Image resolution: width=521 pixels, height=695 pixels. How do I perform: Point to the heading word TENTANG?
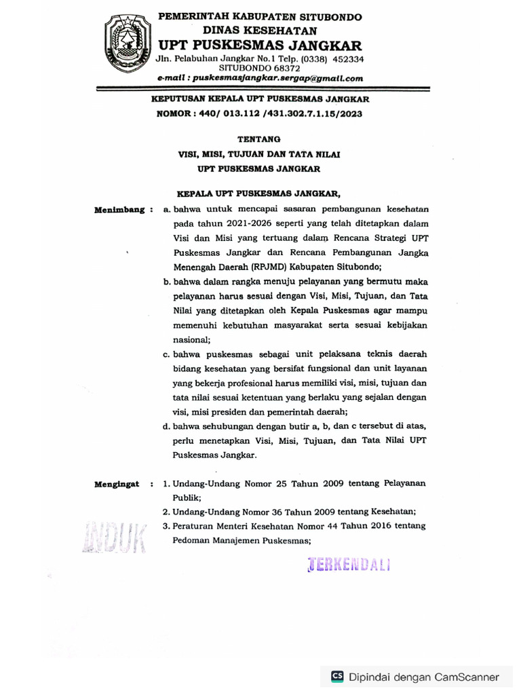coord(259,138)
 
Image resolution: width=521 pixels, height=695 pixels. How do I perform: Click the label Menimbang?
coord(120,210)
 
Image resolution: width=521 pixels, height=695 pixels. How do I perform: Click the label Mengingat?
coord(117,485)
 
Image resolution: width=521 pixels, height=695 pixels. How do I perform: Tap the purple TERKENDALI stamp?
coord(349,565)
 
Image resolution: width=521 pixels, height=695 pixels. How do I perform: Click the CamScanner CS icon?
coord(337,676)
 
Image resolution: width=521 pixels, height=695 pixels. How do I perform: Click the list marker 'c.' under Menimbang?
coord(166,355)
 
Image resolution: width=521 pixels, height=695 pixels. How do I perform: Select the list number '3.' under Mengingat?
coord(166,527)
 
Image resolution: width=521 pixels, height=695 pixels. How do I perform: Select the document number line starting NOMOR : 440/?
coord(259,114)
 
